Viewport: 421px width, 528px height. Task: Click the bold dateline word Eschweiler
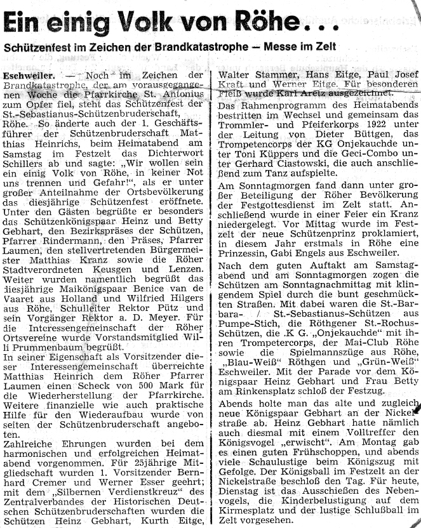click(x=23, y=77)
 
